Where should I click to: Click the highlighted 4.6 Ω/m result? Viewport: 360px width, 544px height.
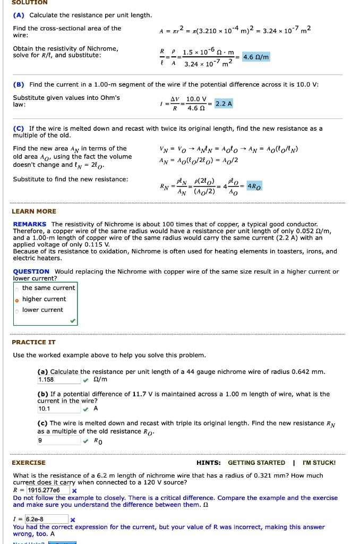256,57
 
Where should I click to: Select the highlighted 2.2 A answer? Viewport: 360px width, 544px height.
224,104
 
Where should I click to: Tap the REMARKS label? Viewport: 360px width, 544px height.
30,224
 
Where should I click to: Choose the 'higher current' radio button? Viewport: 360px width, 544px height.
17,300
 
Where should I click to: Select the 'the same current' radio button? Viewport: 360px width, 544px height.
17,288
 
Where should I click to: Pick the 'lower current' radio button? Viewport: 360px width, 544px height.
17,310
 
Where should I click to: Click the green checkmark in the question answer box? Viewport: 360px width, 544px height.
73,321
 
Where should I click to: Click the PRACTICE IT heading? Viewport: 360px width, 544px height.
33,342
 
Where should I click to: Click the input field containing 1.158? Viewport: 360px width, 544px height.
58,380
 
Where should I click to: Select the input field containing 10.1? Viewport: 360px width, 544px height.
58,409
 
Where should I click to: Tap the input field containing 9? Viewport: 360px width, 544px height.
58,440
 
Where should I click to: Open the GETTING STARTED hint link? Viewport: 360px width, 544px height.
256,463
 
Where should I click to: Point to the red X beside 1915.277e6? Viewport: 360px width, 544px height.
74,490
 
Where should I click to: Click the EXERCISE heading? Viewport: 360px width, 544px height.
29,463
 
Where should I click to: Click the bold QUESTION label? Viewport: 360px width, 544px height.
31,271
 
